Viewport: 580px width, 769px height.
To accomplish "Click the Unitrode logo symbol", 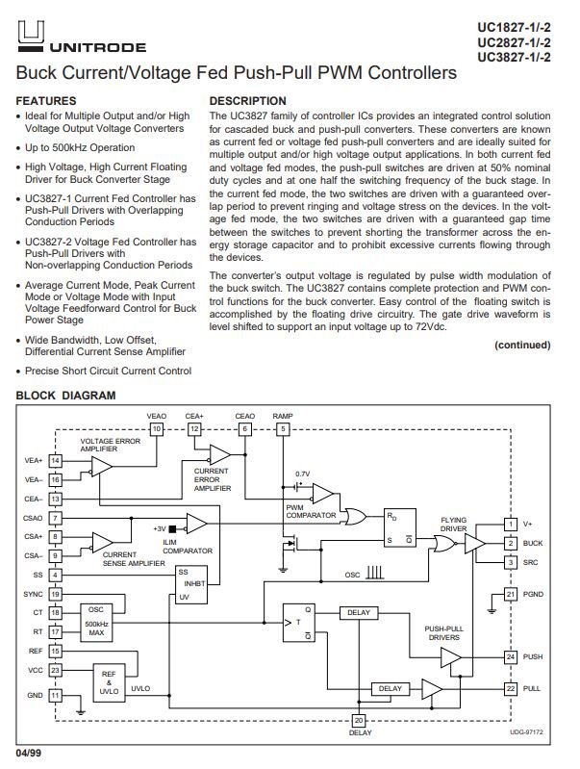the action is (x=31, y=37).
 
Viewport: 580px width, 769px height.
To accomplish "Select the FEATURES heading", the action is (x=46, y=101).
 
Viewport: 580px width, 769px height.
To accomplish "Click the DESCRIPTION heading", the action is (x=247, y=101).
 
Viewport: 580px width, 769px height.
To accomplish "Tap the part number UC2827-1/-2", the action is (x=514, y=42).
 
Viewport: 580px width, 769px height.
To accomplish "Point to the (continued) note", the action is (x=522, y=345).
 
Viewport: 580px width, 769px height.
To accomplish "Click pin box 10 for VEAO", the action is (x=157, y=429).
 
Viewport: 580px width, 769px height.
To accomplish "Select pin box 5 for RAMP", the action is (x=283, y=429).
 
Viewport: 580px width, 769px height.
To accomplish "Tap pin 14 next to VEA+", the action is (x=56, y=460).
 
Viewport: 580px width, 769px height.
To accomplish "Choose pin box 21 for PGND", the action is (x=511, y=595).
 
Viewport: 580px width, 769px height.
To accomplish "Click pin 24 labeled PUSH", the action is (x=511, y=656).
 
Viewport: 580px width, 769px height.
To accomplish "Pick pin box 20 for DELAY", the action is (x=359, y=721).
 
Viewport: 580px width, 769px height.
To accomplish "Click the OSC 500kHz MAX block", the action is (x=96, y=623).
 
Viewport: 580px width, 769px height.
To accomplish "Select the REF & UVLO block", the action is (x=109, y=683).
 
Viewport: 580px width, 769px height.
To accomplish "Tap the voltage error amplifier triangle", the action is (x=102, y=467).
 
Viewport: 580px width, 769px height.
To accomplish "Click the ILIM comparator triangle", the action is (x=196, y=524).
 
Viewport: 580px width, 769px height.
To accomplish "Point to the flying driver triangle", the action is (x=475, y=544).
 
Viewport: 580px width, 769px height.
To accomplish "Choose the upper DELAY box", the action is (x=359, y=612).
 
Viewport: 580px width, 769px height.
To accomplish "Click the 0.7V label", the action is (x=302, y=474).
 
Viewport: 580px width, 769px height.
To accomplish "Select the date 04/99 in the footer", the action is (x=29, y=753).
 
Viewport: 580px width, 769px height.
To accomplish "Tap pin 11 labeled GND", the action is (x=56, y=695).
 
